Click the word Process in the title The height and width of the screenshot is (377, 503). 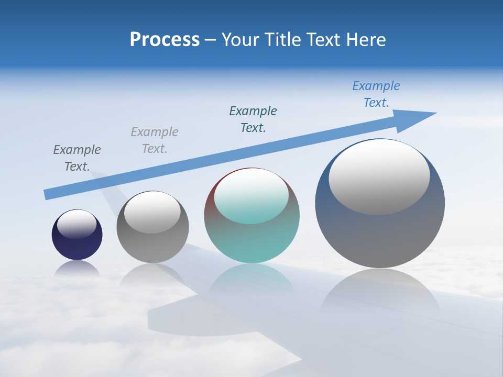click(x=165, y=40)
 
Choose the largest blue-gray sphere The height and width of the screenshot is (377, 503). click(x=380, y=236)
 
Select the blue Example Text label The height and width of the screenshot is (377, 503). click(x=376, y=94)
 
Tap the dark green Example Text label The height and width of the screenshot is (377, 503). click(x=253, y=119)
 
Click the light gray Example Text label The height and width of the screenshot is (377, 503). click(x=155, y=140)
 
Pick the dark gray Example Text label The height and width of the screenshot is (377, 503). click(x=77, y=158)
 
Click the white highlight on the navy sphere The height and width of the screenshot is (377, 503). click(x=77, y=224)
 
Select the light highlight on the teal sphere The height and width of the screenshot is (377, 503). click(x=251, y=196)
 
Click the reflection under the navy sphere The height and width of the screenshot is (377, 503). click(x=77, y=269)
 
